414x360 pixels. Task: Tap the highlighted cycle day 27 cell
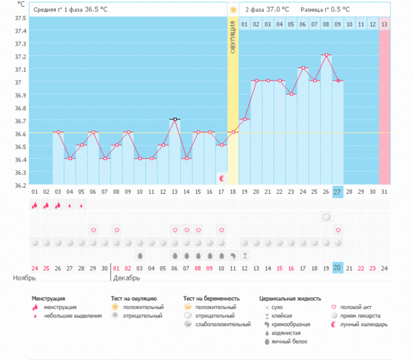(x=337, y=191)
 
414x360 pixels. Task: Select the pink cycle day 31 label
(x=384, y=191)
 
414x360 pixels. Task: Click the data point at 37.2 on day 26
(x=326, y=54)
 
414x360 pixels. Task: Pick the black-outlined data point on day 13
(x=175, y=119)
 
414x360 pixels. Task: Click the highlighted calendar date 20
(x=337, y=268)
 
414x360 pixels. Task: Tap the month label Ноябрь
(x=25, y=278)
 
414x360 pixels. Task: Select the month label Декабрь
(x=126, y=278)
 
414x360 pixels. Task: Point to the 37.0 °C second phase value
(x=274, y=10)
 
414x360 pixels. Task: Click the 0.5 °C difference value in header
(x=336, y=10)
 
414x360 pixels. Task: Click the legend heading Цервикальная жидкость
(x=290, y=299)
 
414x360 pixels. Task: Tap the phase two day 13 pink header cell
(x=384, y=24)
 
